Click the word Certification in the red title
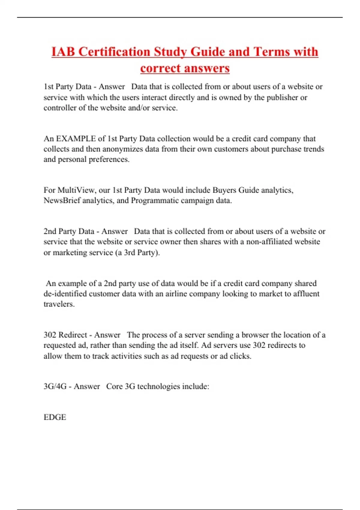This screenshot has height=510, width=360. tap(114, 52)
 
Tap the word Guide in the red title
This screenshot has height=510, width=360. tap(208, 52)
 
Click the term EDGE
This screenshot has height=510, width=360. tap(55, 417)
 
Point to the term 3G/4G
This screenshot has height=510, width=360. tap(55, 386)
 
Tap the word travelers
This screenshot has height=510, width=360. tap(59, 304)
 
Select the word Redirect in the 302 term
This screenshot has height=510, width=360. tap(73, 335)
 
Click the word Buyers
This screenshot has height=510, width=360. tap(224, 190)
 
